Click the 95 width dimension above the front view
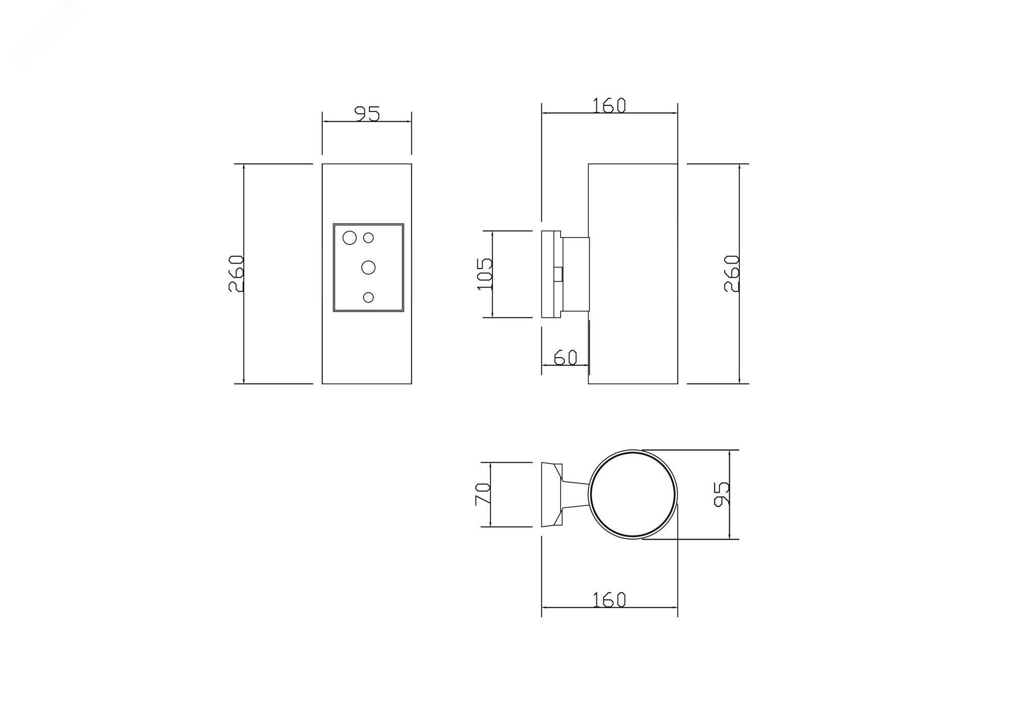(367, 114)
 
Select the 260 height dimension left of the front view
(236, 273)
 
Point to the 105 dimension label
(484, 273)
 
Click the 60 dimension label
(565, 357)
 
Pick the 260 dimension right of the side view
(732, 273)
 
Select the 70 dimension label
(483, 494)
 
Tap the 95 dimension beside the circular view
(722, 494)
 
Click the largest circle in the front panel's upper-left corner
(350, 238)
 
